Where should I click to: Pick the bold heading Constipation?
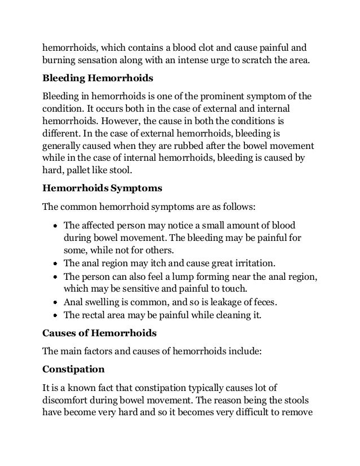[73, 370]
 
